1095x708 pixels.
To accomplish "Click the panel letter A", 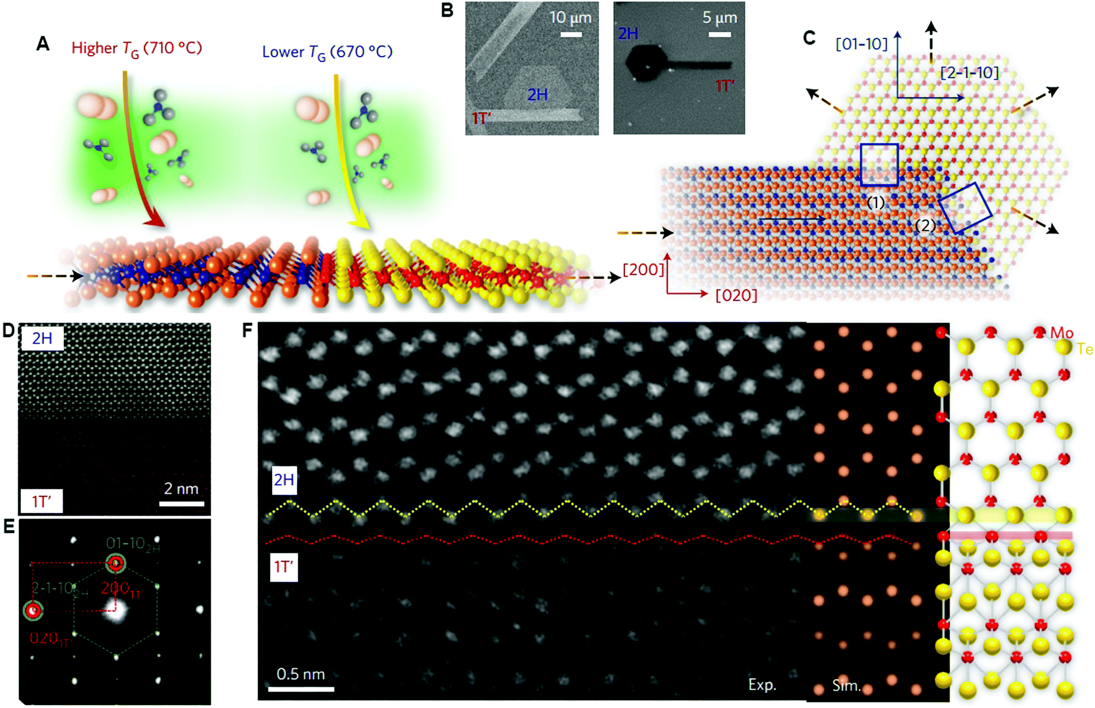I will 43,44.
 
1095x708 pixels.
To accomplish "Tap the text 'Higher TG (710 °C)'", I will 136,48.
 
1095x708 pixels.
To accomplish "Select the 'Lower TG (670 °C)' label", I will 327,53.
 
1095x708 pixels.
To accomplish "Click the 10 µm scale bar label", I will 570,17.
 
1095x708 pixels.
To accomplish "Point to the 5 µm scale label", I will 720,18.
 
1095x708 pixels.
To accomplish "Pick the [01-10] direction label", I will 861,44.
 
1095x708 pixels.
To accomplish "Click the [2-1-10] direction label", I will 969,73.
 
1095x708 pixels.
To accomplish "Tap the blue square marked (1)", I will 879,165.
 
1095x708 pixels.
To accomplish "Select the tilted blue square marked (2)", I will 965,208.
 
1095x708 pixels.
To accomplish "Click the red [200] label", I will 643,269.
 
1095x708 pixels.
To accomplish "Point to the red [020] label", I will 736,295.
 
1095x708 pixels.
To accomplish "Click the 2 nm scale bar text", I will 181,488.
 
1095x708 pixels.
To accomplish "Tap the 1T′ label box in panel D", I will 41,501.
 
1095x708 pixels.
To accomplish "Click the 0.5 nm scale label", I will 300,674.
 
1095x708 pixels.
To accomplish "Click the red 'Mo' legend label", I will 1061,334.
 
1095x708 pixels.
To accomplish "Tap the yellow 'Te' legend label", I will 1085,350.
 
